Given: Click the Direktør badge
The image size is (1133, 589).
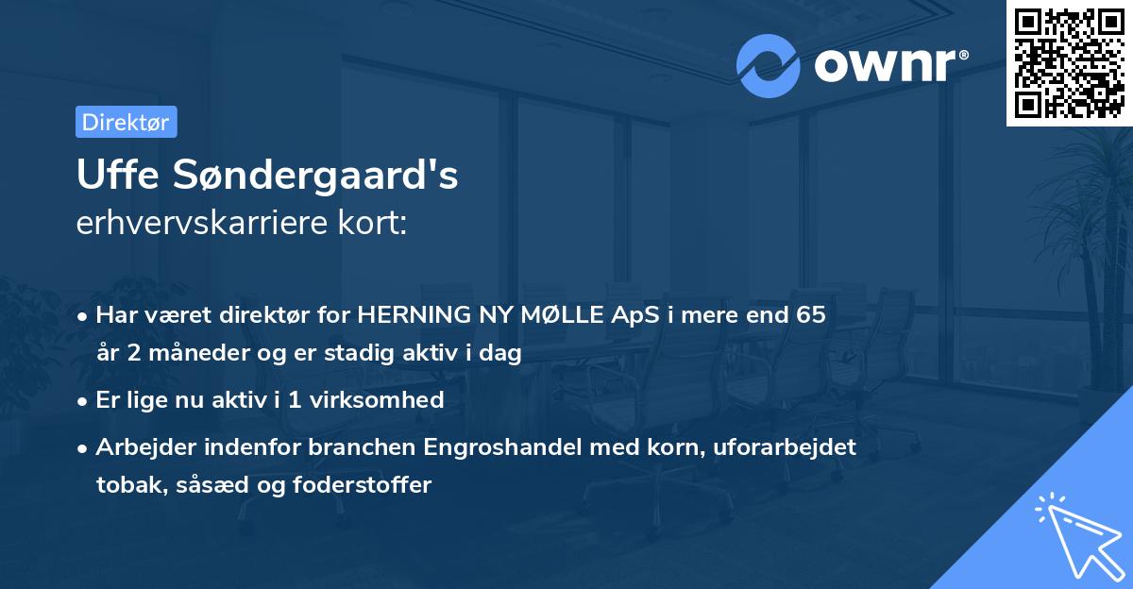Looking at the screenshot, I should [x=126, y=122].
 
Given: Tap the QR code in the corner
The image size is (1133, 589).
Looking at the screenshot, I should [x=1069, y=62].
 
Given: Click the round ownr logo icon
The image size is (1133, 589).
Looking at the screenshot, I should [x=768, y=66].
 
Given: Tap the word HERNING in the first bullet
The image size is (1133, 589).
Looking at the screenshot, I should [x=409, y=315].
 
